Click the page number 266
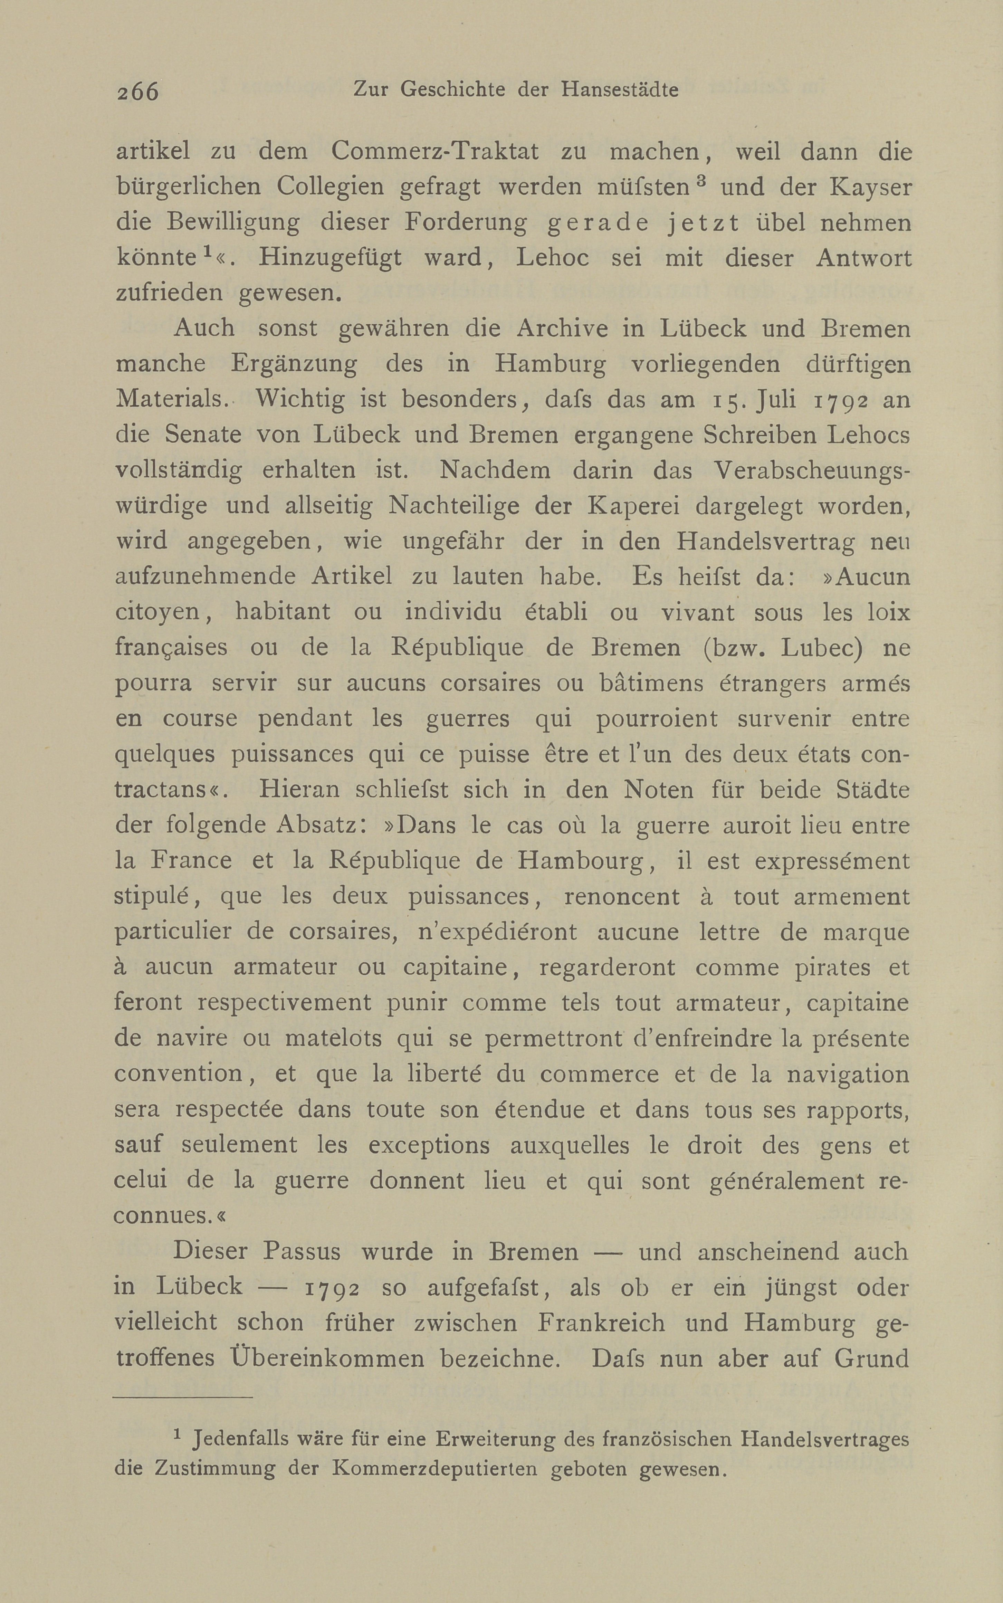coord(138,91)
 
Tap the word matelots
coord(333,1039)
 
